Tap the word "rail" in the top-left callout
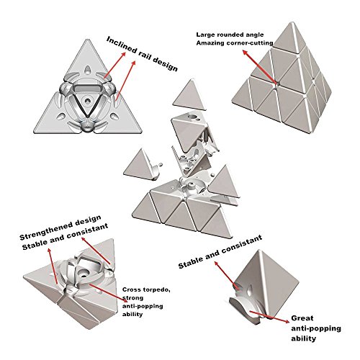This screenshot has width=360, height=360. (145, 55)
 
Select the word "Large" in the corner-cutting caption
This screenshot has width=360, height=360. (205, 35)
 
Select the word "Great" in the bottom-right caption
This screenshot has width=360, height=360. (302, 318)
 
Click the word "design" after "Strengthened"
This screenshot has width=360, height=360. (88, 220)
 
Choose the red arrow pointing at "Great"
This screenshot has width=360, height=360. (269, 317)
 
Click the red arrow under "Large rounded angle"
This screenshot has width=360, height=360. (259, 66)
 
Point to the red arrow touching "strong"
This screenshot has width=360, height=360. (107, 292)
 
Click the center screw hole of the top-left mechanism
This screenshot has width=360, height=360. (87, 101)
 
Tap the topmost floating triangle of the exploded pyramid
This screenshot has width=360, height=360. (189, 94)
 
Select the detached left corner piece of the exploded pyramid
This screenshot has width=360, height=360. (142, 165)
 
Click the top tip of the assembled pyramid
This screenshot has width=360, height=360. (293, 22)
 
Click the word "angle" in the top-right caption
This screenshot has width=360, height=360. (254, 35)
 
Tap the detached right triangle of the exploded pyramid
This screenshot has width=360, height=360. (223, 183)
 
